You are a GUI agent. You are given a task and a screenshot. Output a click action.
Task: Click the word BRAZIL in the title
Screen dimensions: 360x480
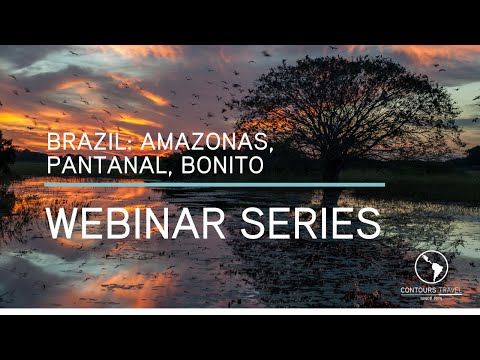click(81, 142)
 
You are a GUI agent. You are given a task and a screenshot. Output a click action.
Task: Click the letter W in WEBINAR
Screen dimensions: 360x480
click(62, 222)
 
